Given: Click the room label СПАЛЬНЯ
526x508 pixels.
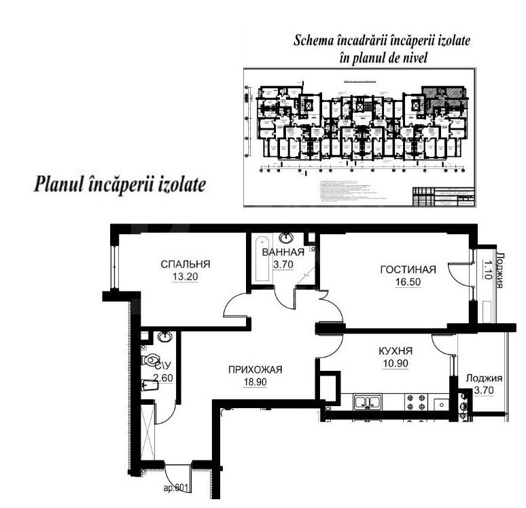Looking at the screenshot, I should pyautogui.click(x=185, y=264).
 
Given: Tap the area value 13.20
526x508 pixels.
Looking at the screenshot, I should pyautogui.click(x=185, y=276).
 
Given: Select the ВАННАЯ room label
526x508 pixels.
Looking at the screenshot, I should pyautogui.click(x=282, y=253).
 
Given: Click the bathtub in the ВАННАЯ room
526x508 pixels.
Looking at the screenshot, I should pyautogui.click(x=261, y=261).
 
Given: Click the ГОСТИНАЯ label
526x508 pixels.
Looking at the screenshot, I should pyautogui.click(x=407, y=270).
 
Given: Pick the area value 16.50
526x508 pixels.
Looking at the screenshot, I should pyautogui.click(x=407, y=281).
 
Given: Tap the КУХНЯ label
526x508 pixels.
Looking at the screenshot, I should pyautogui.click(x=396, y=351).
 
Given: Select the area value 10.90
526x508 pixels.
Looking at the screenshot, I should pyautogui.click(x=396, y=363).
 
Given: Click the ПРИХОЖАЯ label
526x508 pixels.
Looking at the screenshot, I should pyautogui.click(x=253, y=369).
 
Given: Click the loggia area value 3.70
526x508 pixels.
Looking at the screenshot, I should pyautogui.click(x=484, y=391).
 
